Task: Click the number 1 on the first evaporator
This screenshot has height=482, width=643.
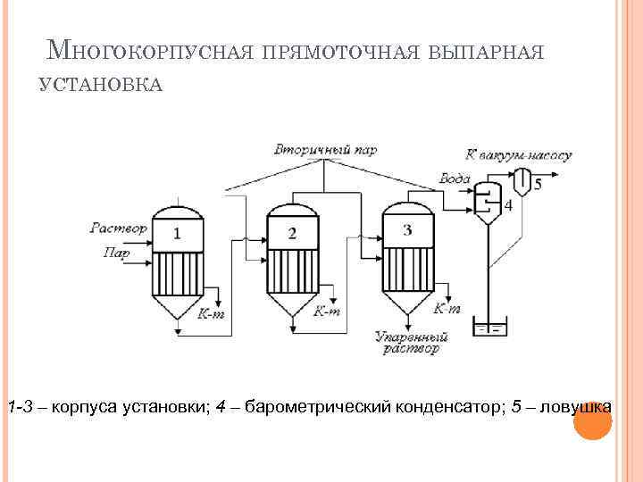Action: [x=177, y=234]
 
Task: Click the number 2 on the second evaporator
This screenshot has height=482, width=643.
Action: [x=292, y=234]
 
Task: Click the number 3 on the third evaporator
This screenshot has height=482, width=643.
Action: [x=407, y=230]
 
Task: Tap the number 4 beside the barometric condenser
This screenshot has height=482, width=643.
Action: [x=508, y=205]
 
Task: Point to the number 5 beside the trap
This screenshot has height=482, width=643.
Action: [x=538, y=184]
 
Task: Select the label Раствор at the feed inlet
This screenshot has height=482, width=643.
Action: [x=118, y=229]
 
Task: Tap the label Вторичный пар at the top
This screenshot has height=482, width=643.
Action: [x=325, y=149]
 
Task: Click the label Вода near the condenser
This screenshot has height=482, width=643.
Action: [x=455, y=179]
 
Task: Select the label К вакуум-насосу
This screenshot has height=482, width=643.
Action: [x=518, y=154]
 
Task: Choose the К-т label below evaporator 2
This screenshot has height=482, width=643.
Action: [x=327, y=312]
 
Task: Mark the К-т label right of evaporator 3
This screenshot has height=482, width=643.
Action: [x=447, y=309]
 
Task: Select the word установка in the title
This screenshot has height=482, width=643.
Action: [x=100, y=84]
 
